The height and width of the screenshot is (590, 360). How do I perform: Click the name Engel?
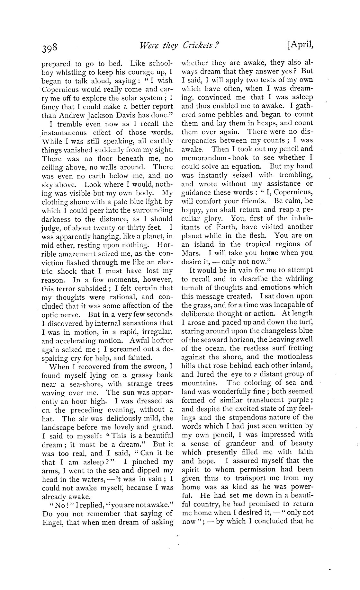53,523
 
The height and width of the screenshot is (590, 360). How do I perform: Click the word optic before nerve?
51,315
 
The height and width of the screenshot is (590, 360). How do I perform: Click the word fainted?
139,358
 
